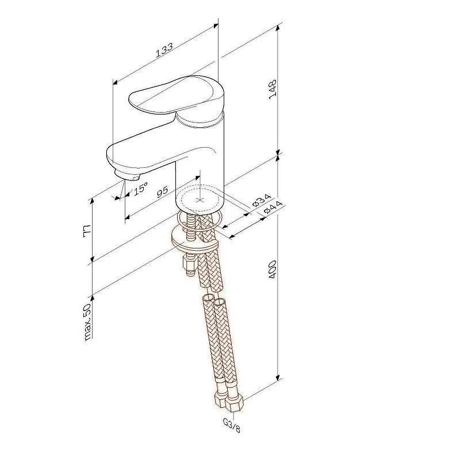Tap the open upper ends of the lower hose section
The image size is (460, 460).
[x=213, y=301]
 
